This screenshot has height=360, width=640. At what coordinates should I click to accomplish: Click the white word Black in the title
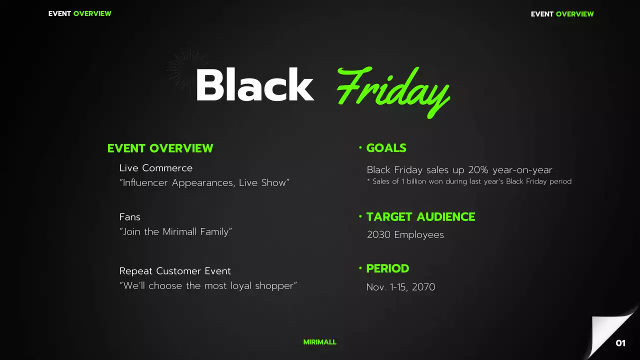[x=254, y=85]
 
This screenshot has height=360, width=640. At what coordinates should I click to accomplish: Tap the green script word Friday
[x=393, y=90]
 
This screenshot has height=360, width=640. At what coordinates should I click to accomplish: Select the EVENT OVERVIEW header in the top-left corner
[x=79, y=13]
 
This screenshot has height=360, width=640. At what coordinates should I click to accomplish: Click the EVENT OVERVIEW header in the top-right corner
[x=562, y=14]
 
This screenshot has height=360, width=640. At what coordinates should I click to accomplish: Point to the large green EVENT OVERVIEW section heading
[x=160, y=148]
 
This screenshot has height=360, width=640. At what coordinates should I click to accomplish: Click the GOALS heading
[x=386, y=148]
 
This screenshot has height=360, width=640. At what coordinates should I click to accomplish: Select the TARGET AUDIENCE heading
[x=420, y=216]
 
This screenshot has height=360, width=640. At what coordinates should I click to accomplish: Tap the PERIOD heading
[x=387, y=268]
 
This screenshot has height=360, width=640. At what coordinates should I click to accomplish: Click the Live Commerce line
[x=155, y=168]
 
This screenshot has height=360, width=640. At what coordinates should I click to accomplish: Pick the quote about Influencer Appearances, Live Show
[x=204, y=182]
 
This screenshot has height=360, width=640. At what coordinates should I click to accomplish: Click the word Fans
[x=129, y=217]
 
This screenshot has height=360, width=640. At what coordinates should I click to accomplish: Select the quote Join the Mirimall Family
[x=175, y=231]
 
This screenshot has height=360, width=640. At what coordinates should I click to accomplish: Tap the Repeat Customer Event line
[x=175, y=271]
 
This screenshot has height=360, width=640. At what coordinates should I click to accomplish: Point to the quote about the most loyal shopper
[x=208, y=285]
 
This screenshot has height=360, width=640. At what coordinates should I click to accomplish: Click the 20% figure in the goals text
[x=478, y=170]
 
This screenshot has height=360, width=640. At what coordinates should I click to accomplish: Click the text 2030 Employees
[x=405, y=234]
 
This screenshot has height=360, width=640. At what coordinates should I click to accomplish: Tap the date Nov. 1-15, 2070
[x=400, y=287]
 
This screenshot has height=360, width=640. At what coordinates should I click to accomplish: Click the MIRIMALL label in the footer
[x=319, y=342]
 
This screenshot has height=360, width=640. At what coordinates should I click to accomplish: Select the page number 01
[x=620, y=343]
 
